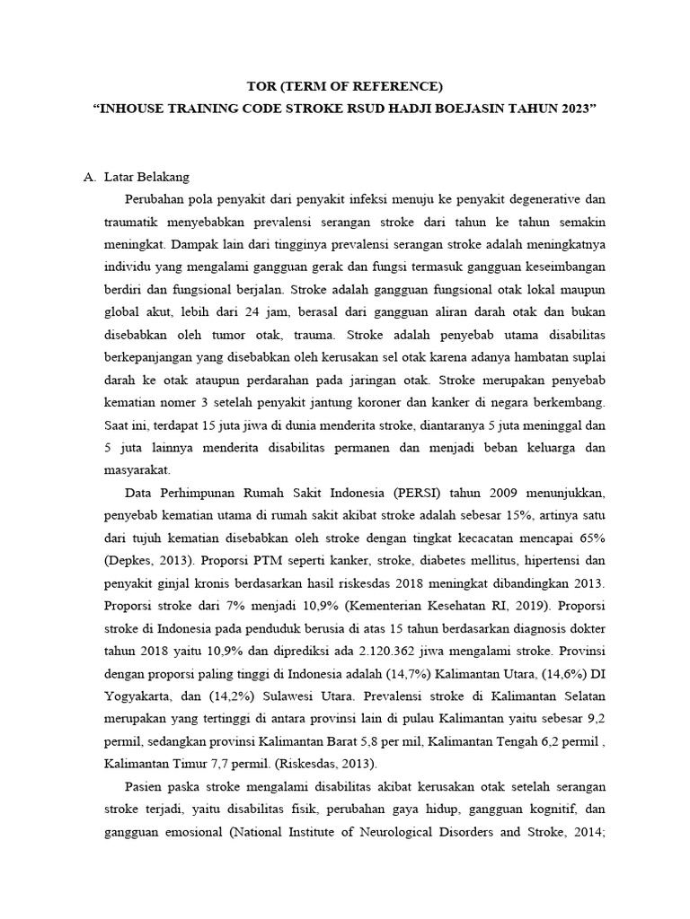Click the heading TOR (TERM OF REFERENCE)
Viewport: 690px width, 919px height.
(x=345, y=86)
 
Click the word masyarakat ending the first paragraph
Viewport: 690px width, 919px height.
(x=144, y=470)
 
